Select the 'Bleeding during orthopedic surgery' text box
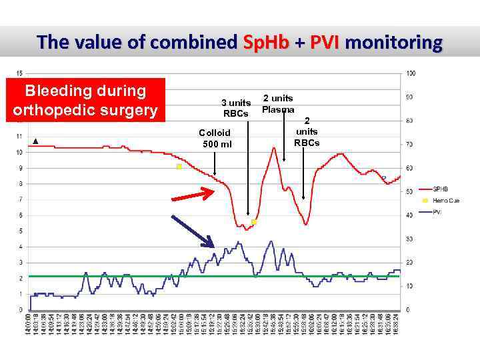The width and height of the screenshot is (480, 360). [x=85, y=100]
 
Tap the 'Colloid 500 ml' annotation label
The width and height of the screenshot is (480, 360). [x=215, y=139]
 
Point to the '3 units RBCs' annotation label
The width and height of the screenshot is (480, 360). [x=236, y=108]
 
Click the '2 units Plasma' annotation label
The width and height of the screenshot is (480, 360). [x=278, y=103]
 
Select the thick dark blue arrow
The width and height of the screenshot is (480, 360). [x=193, y=233]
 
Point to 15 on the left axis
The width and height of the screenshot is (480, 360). [x=19, y=73]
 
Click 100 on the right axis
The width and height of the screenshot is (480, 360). [x=411, y=73]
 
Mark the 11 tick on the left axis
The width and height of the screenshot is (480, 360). [x=19, y=136]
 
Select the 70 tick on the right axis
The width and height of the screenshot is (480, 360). [x=410, y=144]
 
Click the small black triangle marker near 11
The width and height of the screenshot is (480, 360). [x=35, y=141]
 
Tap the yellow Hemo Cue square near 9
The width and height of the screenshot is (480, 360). [x=179, y=167]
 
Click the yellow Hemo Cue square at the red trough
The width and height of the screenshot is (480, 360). [x=254, y=221]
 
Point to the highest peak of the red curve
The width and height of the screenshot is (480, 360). [x=273, y=148]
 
